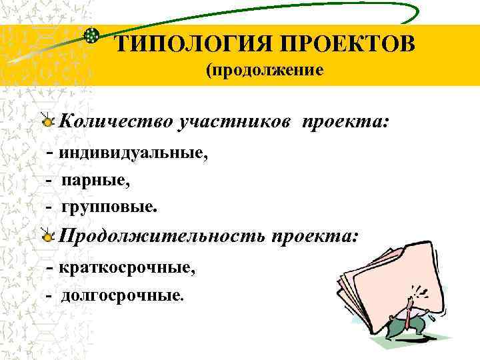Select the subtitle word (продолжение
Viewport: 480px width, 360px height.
tap(265, 70)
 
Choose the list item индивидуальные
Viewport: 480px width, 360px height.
tap(133, 153)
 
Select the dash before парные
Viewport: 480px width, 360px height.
tap(49, 181)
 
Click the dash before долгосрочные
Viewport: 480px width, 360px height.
tap(49, 295)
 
